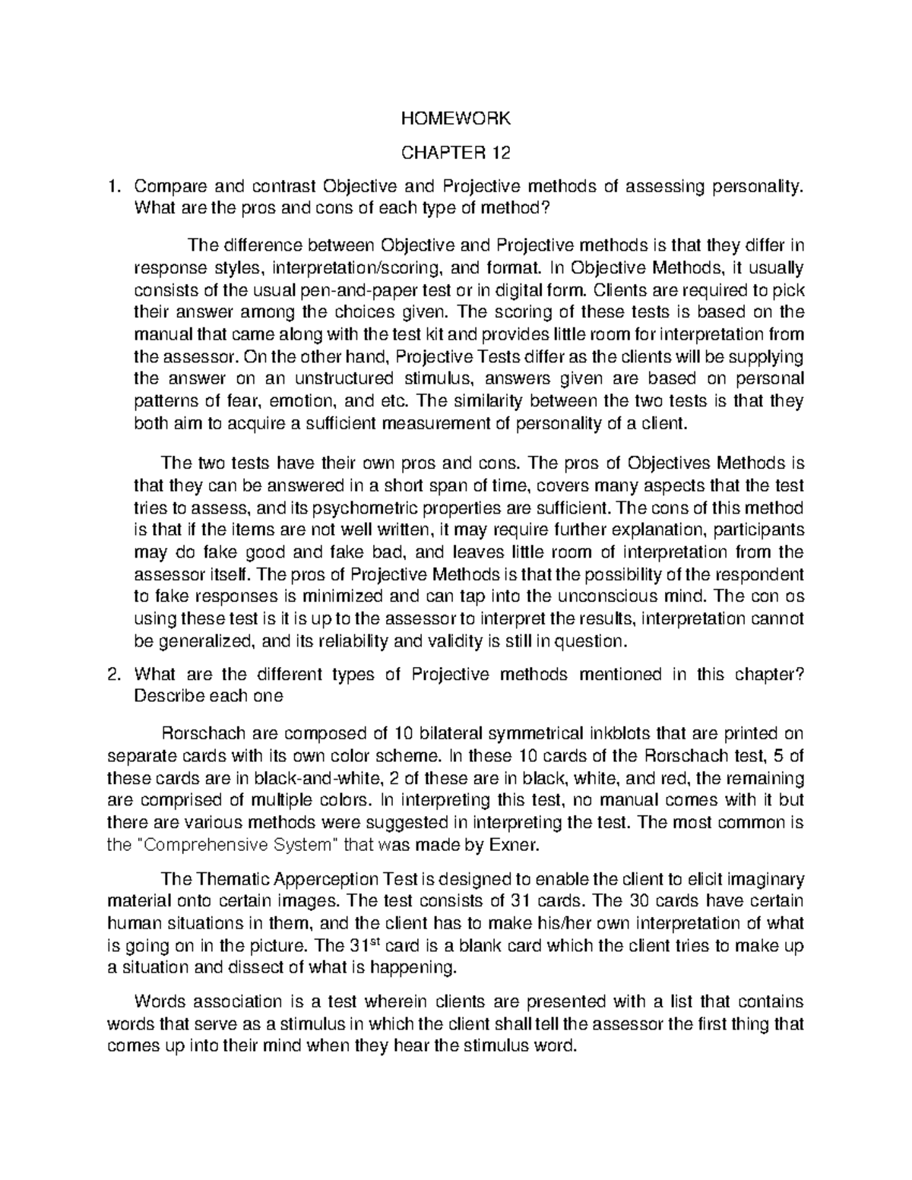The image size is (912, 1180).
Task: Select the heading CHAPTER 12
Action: tap(456, 153)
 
